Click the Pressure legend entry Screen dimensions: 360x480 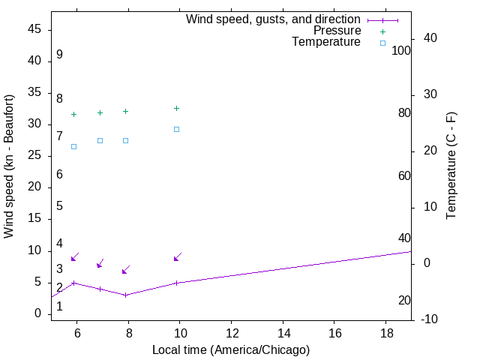point(337,31)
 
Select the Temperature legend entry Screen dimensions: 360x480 point(326,42)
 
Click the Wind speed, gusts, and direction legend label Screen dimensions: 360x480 point(273,19)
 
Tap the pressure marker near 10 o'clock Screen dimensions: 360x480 point(177,109)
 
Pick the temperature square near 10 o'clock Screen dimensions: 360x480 point(177,129)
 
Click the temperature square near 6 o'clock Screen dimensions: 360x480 point(73,146)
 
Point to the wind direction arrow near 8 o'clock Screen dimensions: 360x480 point(126,269)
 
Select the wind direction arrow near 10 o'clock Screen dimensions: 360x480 point(178,256)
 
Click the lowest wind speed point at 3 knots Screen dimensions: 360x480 point(125,295)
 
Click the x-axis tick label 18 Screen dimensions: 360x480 point(385,332)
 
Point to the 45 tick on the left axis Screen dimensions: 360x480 point(34,29)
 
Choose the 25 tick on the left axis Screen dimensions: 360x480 point(34,156)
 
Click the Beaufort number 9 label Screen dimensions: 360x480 point(59,55)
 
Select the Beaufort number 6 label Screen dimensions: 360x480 point(59,175)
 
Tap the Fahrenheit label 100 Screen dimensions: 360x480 point(402,51)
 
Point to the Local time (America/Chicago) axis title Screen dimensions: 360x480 point(231,349)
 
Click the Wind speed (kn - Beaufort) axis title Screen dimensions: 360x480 point(10,166)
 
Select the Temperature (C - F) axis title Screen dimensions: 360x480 point(451,166)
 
